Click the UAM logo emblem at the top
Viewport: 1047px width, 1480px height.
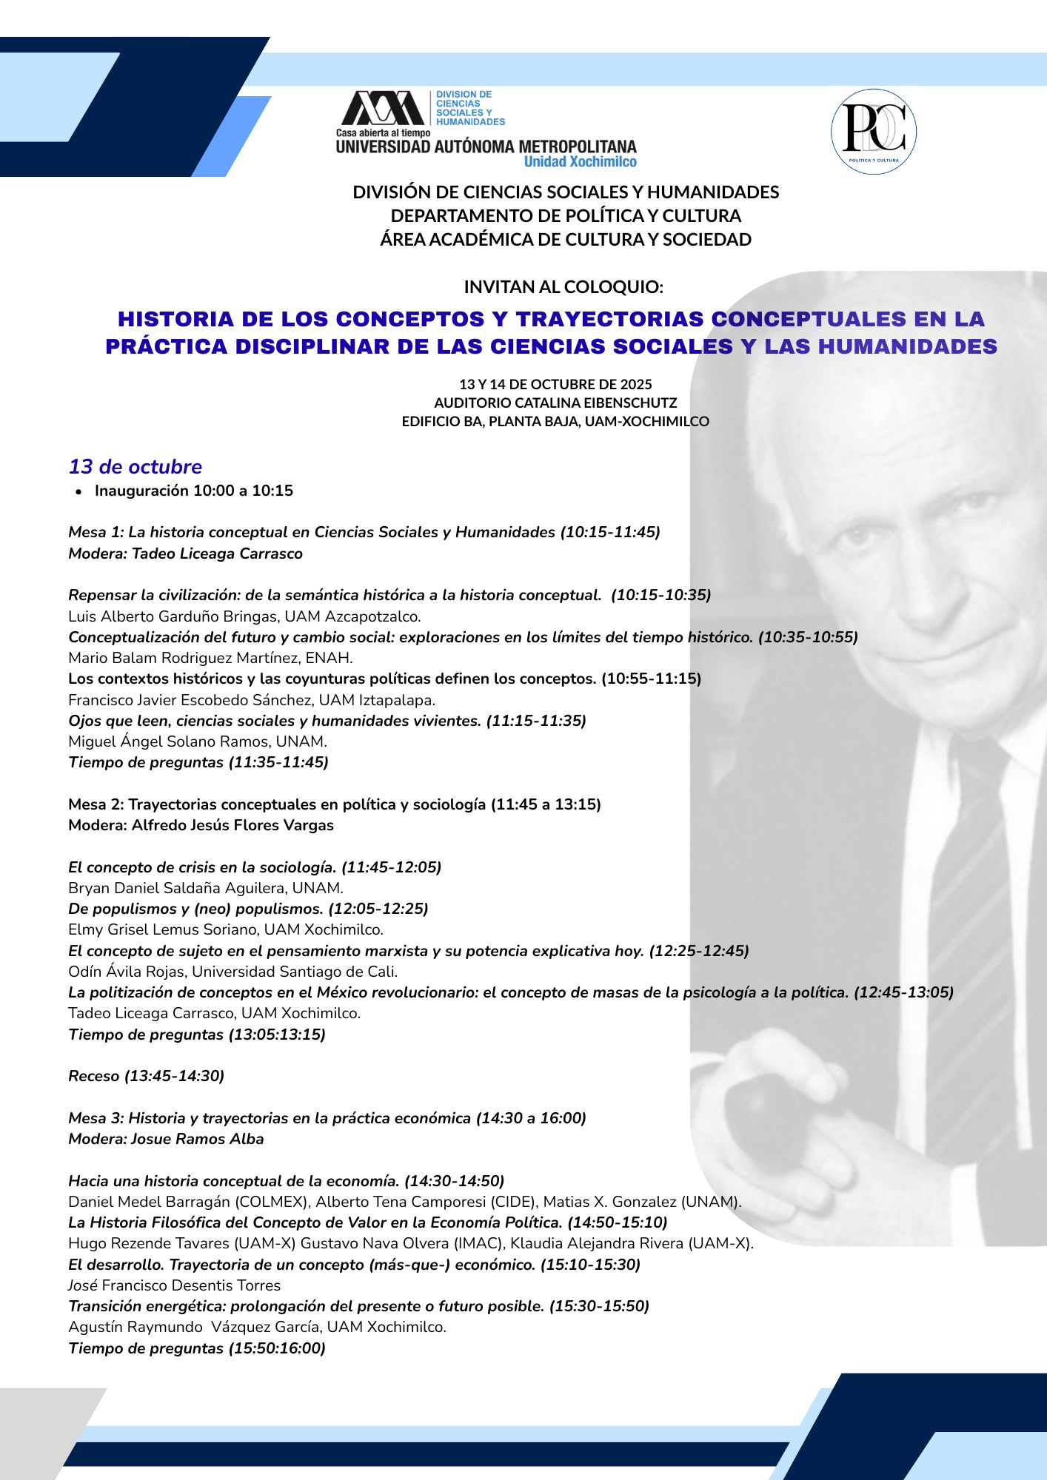(383, 109)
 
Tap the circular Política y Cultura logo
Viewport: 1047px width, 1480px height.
(874, 132)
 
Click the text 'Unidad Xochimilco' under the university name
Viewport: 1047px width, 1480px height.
(580, 162)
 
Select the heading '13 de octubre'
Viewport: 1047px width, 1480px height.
(136, 467)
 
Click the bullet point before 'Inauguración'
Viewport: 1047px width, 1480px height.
(78, 492)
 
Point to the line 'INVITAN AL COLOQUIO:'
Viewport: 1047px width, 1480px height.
(563, 286)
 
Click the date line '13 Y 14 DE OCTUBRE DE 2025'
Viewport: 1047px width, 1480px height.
(555, 384)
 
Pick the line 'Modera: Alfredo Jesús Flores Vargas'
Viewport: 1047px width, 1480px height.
(201, 825)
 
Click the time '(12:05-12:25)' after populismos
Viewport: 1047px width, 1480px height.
(378, 909)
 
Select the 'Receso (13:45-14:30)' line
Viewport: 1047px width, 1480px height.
(146, 1076)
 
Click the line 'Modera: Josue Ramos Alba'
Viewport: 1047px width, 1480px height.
(166, 1139)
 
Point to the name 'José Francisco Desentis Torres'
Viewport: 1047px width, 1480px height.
(174, 1285)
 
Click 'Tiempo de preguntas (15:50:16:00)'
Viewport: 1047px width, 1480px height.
(197, 1348)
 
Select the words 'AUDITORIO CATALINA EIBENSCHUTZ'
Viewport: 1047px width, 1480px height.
(555, 403)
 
